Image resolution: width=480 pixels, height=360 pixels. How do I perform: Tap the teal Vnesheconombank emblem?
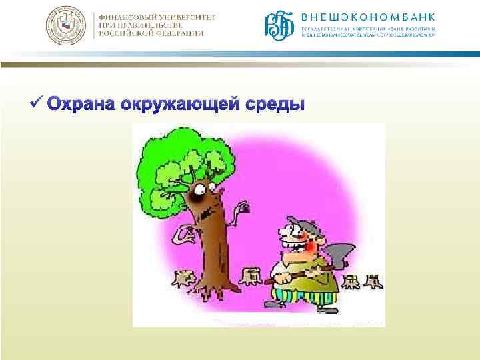click(x=279, y=26)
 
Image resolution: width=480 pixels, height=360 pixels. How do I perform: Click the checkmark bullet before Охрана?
click(x=37, y=104)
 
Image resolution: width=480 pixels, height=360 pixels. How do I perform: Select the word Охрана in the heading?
click(x=79, y=105)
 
